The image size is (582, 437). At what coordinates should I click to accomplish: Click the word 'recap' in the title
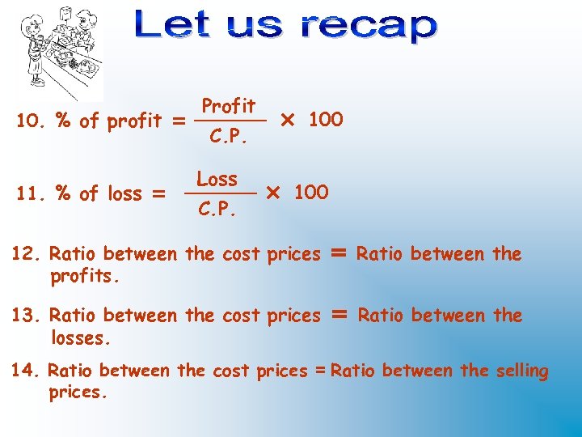[369, 26]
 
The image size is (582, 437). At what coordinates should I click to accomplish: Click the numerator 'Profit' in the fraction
[229, 106]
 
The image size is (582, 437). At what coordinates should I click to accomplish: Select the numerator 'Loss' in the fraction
[217, 179]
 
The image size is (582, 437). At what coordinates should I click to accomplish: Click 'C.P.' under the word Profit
[228, 137]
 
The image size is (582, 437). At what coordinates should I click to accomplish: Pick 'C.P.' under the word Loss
[217, 210]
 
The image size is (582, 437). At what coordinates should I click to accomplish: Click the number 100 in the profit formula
[326, 120]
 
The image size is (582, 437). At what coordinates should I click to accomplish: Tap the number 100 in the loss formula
[311, 193]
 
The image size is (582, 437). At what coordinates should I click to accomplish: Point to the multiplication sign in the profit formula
[286, 121]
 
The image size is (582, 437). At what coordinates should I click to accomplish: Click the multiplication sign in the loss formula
[272, 193]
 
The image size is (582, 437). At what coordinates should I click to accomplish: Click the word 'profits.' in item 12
[85, 277]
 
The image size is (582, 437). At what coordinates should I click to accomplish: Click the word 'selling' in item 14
[521, 371]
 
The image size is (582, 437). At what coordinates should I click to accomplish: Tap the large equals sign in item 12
[339, 253]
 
